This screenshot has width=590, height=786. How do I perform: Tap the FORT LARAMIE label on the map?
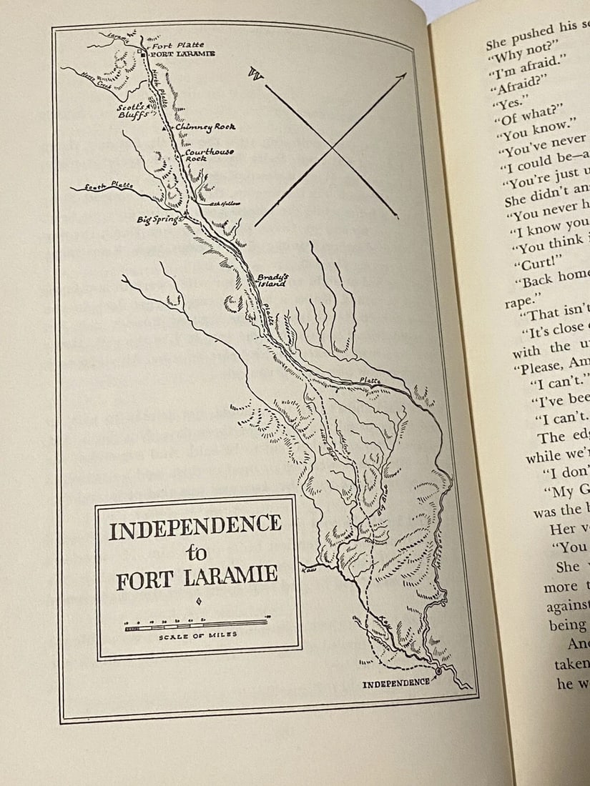[x=182, y=54]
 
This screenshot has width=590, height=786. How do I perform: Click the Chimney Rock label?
[x=205, y=126]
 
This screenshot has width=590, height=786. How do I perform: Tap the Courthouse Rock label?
[x=209, y=154]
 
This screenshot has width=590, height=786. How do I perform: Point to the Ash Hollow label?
[x=225, y=203]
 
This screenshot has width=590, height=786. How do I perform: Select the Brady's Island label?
[x=272, y=280]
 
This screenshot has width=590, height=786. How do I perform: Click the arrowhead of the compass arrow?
[x=403, y=75]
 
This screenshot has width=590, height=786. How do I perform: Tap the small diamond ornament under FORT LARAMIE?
[x=197, y=600]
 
